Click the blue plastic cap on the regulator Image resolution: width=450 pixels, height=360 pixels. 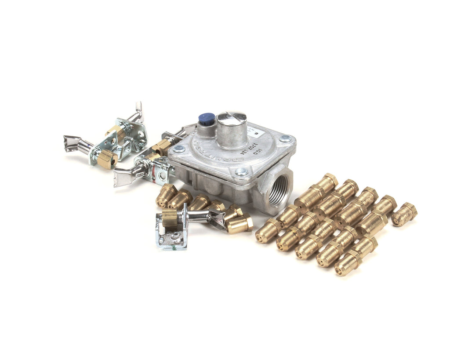coord(206,118)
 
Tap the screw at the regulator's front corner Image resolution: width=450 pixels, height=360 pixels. coord(241,172)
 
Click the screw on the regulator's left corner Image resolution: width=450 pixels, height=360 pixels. coord(178,149)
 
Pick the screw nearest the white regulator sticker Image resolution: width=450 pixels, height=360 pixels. coord(285,139)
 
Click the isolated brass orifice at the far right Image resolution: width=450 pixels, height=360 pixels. coord(404,214)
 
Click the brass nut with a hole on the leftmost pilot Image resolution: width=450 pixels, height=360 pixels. coord(107,159)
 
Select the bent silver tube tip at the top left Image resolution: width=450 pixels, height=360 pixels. coord(139,108)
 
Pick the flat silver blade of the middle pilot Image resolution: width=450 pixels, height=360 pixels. coord(122,177)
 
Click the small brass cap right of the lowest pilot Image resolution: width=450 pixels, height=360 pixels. coord(240,224)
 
